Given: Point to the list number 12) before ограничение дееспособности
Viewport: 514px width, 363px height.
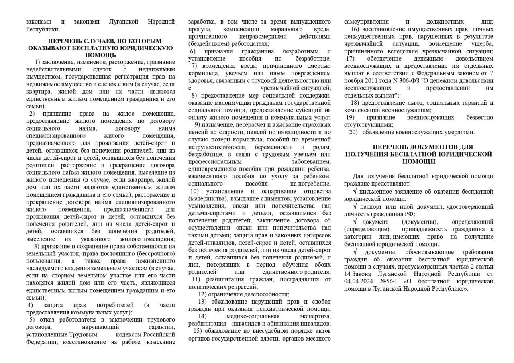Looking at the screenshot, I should coord(202,294).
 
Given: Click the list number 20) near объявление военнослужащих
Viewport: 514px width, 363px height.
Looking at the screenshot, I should coord(353,132).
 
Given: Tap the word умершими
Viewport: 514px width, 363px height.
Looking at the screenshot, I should coord(461,132).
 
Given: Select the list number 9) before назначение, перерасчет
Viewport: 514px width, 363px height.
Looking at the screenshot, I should coord(197,124).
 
